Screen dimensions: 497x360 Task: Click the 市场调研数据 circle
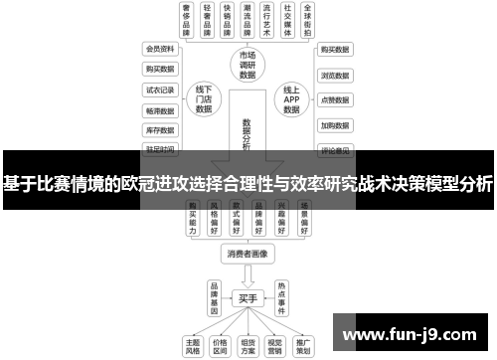[x=248, y=65]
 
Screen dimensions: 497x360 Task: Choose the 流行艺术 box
[x=260, y=20]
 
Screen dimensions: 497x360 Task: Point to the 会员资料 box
[x=158, y=48]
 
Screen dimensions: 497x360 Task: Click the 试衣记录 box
[x=158, y=90]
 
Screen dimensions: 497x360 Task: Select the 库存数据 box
[x=158, y=130]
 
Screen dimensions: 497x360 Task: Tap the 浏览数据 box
[x=334, y=75]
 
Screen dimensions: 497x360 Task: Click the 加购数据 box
[x=334, y=126]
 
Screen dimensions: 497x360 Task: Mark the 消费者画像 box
[x=248, y=254]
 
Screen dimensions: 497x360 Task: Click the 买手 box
[x=248, y=297]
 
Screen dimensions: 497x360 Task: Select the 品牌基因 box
[x=214, y=297]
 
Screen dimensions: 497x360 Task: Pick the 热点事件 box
[x=281, y=297]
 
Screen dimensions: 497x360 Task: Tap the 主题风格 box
[x=193, y=345]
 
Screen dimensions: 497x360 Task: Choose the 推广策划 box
[x=301, y=345]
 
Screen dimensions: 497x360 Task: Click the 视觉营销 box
[x=274, y=345]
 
